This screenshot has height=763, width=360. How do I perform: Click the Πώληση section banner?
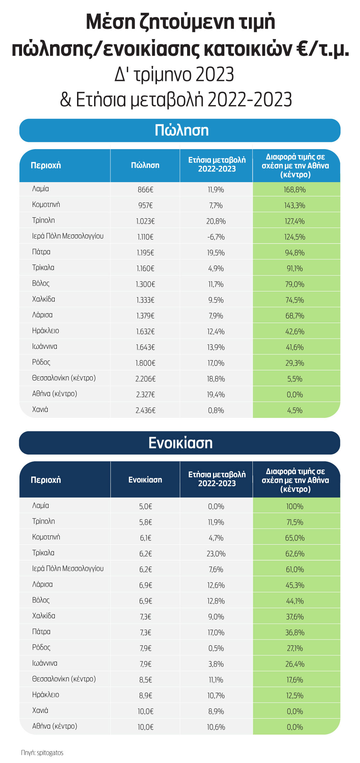tap(180, 130)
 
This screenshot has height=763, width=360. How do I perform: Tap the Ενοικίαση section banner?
tap(180, 443)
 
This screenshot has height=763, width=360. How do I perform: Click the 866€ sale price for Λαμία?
tap(145, 190)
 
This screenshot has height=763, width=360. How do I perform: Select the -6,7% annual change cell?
tap(216, 237)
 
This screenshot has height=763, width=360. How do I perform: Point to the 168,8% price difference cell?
tap(295, 190)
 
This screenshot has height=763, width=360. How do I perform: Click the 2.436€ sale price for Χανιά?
tap(145, 410)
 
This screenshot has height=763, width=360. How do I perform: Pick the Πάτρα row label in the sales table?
tap(41, 252)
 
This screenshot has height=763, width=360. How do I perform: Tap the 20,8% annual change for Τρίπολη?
tap(216, 221)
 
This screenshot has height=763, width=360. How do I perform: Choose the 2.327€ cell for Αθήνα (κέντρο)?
tap(145, 394)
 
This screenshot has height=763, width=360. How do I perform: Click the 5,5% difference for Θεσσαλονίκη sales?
tap(295, 379)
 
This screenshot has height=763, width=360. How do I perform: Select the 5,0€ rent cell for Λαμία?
tap(145, 506)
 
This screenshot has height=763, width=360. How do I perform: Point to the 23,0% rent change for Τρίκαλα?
tap(216, 554)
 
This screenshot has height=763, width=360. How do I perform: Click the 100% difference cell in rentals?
tap(295, 506)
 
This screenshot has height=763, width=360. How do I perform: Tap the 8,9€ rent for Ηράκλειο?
tap(145, 696)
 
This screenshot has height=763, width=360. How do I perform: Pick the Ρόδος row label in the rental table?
tap(41, 647)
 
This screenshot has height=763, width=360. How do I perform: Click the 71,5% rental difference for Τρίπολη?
tap(295, 522)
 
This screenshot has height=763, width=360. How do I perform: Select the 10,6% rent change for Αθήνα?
tap(216, 727)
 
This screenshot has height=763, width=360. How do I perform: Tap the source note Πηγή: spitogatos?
tap(42, 753)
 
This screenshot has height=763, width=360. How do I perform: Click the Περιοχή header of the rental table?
tap(46, 480)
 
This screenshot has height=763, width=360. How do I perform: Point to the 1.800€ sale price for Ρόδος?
tap(145, 363)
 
